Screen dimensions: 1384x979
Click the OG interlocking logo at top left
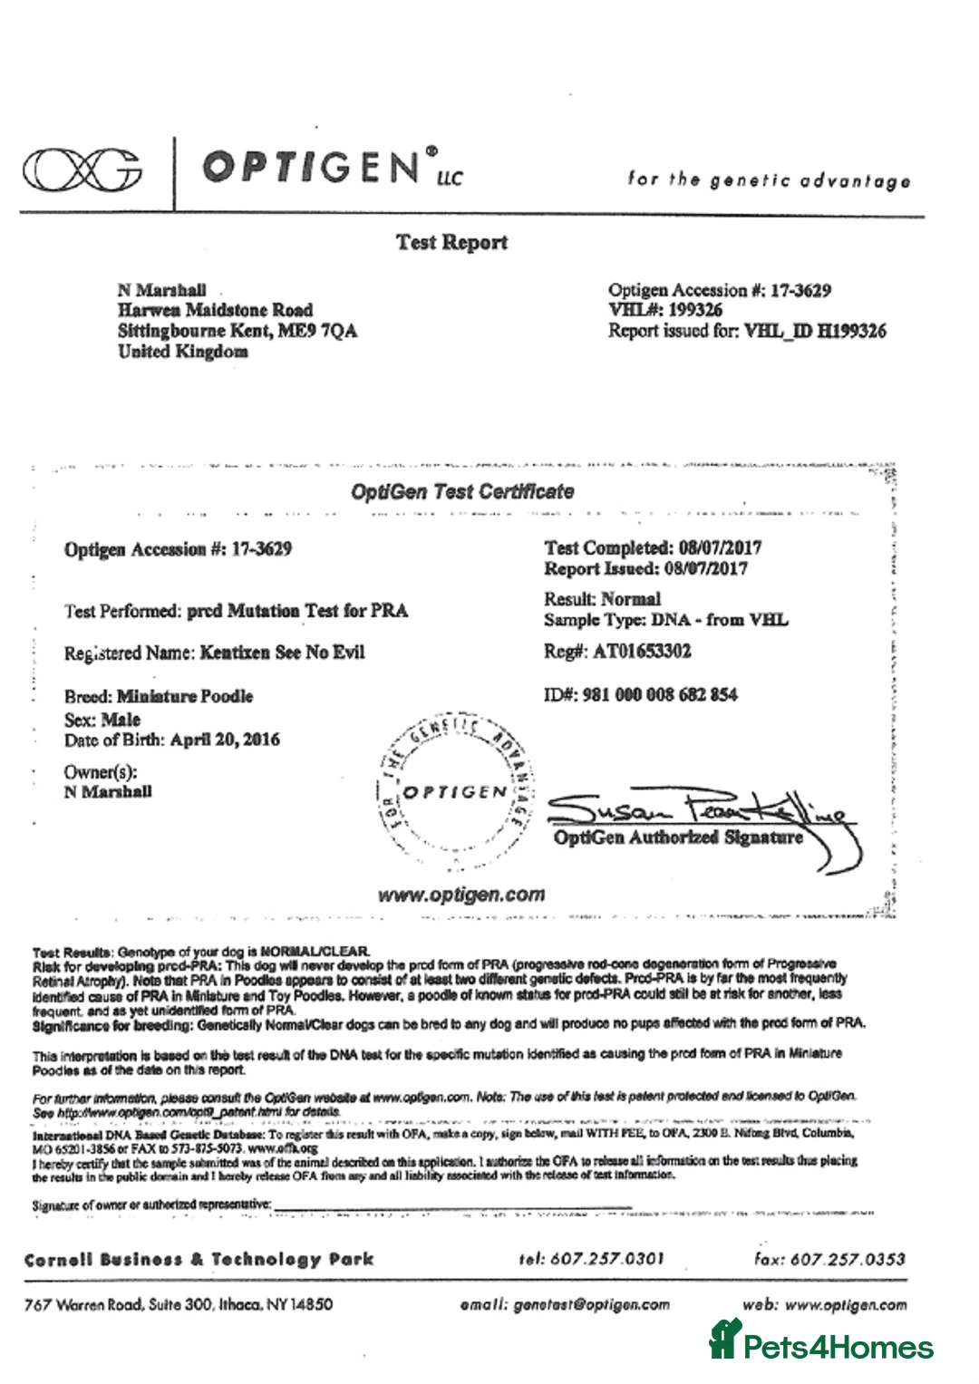pyautogui.click(x=82, y=170)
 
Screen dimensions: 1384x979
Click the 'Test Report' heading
pyautogui.click(x=451, y=242)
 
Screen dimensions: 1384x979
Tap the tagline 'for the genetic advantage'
pyautogui.click(x=769, y=179)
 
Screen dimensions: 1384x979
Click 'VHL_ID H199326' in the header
pyautogui.click(x=815, y=331)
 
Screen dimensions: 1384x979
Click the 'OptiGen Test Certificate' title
pyautogui.click(x=462, y=491)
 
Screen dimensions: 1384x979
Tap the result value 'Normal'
pyautogui.click(x=632, y=599)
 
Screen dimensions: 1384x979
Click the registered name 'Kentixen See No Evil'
pyautogui.click(x=282, y=653)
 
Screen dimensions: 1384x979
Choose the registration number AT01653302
pyautogui.click(x=642, y=651)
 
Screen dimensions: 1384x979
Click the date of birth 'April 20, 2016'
pyautogui.click(x=225, y=740)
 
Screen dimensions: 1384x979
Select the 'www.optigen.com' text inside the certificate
pyautogui.click(x=461, y=895)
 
